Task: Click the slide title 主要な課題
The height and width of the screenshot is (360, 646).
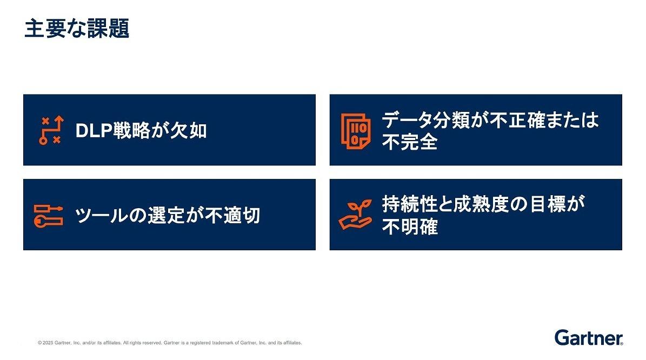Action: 77,29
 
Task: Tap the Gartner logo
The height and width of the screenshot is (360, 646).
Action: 589,338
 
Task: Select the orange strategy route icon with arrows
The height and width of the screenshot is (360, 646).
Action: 51,130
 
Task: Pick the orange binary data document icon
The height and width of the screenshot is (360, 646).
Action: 356,131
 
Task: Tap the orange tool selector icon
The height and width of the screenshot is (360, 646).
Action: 48,216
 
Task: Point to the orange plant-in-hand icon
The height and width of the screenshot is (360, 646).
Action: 355,215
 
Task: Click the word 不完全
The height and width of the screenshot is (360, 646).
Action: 410,142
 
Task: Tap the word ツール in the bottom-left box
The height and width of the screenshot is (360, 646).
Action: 101,216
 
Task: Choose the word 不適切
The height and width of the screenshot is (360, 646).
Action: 233,216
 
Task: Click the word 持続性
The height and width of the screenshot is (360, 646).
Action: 410,204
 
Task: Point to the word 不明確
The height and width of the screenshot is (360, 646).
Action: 410,226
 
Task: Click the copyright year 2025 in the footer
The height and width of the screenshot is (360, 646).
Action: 48,343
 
